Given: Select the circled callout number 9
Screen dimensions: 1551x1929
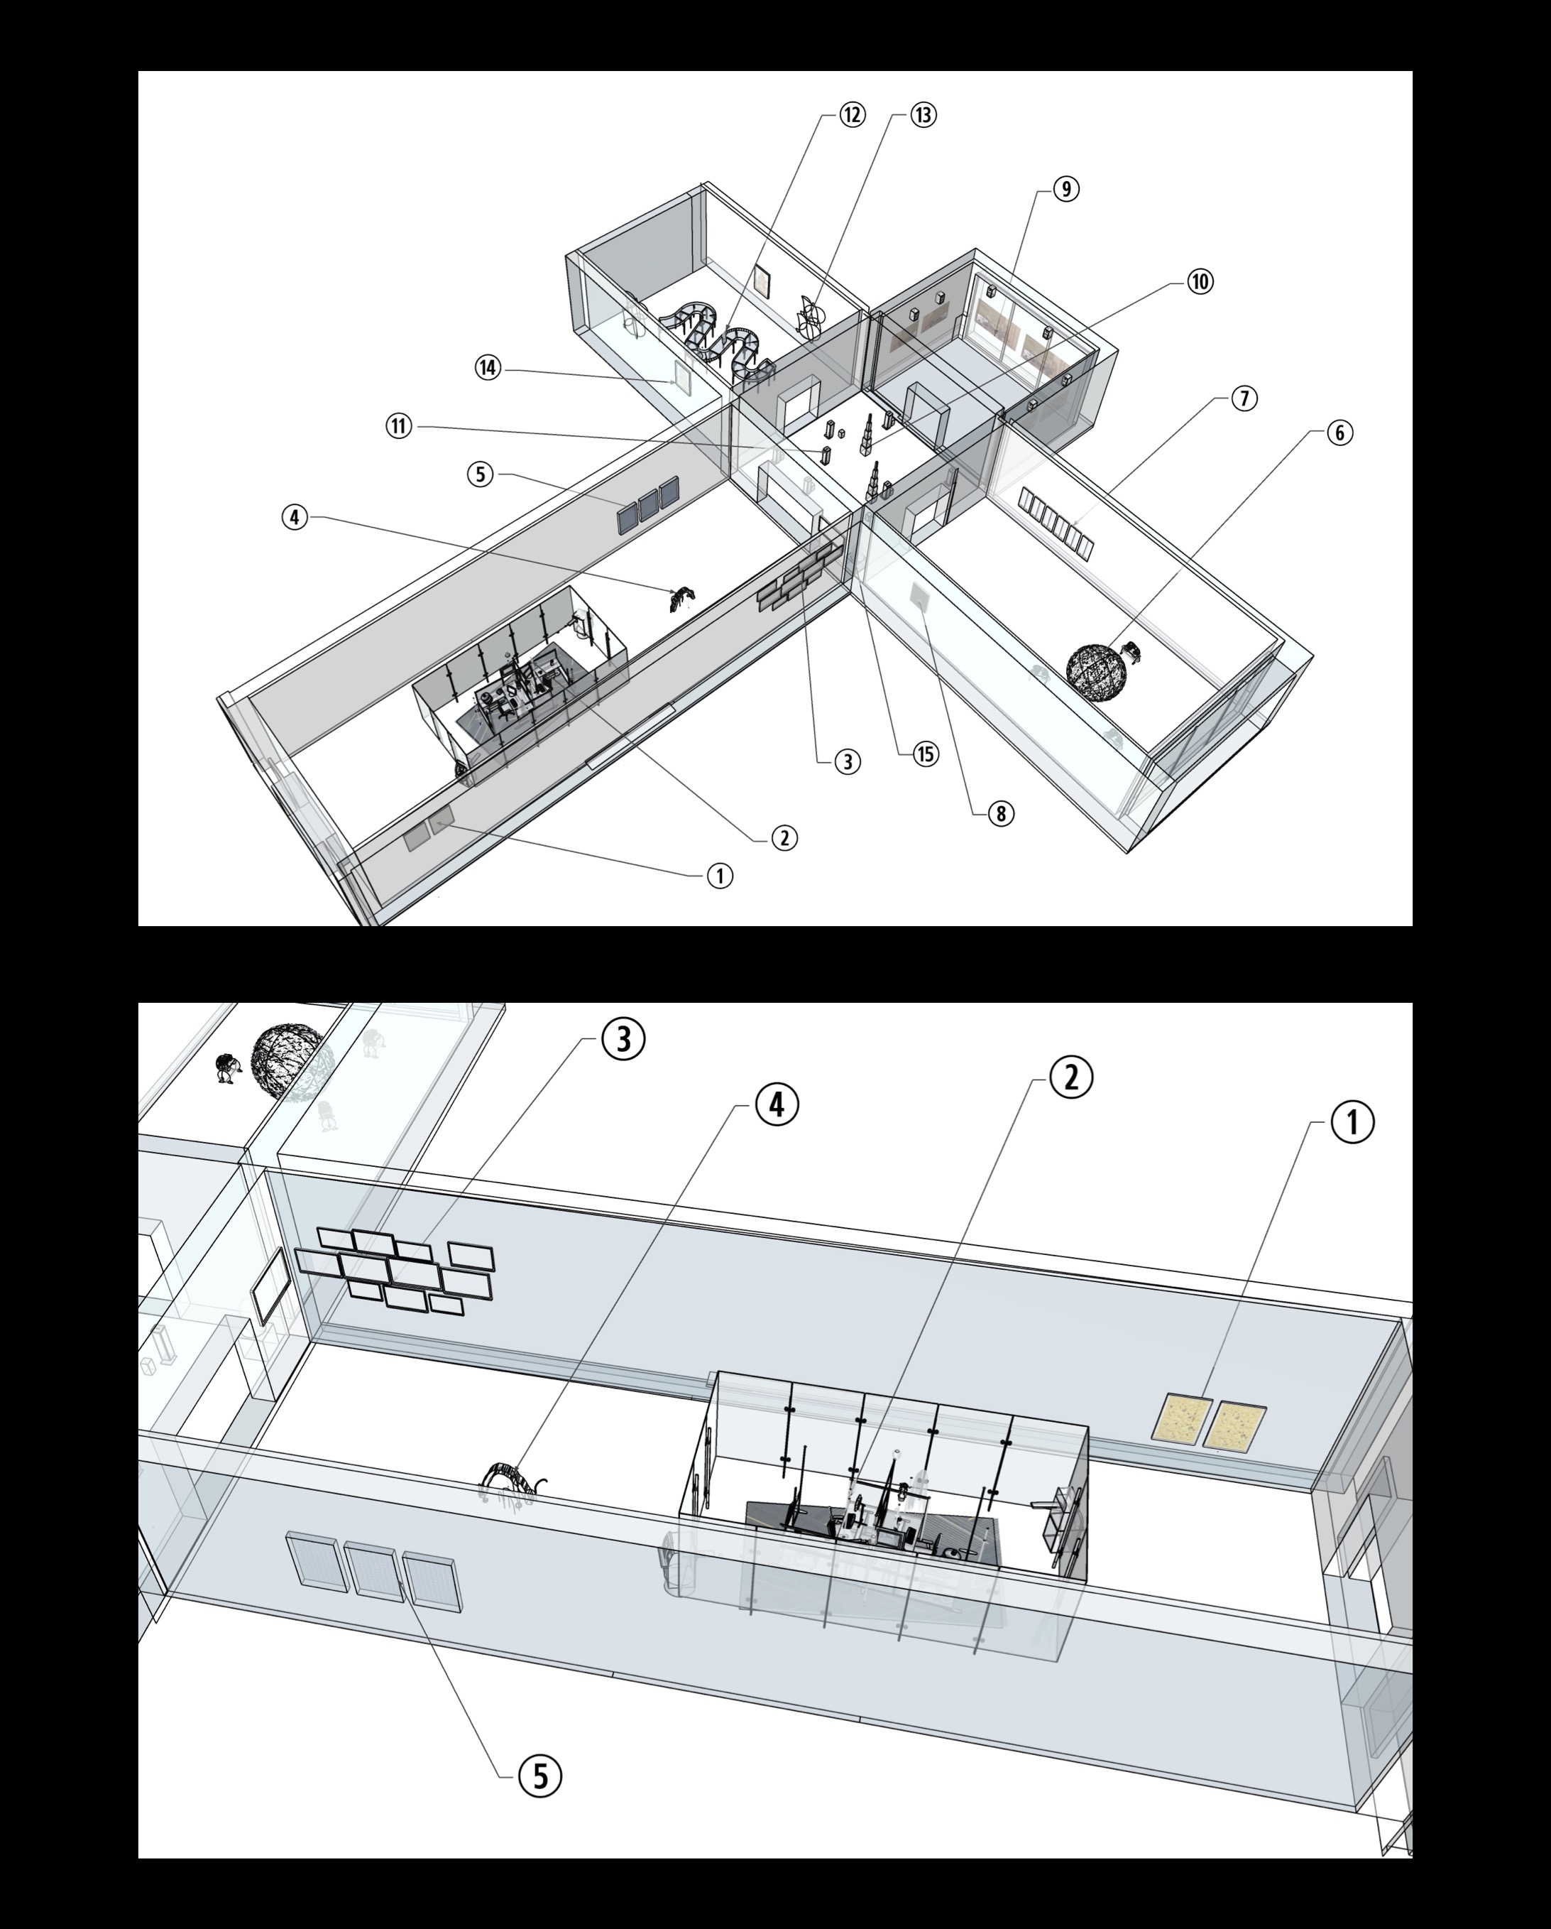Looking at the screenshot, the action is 1065,189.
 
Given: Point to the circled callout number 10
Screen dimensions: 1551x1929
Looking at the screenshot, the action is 1200,281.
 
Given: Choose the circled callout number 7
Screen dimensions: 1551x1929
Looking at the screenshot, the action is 1244,398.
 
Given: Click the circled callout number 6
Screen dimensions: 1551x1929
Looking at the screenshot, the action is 1339,433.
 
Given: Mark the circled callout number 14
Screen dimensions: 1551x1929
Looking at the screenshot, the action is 488,368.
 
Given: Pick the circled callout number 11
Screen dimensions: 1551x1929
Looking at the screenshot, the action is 400,426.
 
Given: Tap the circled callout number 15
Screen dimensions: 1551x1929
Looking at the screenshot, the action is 926,754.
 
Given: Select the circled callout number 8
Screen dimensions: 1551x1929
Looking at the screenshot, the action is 1001,813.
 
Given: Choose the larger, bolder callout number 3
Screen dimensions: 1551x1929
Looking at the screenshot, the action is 623,1039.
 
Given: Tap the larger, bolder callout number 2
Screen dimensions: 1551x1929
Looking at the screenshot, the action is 1070,1077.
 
